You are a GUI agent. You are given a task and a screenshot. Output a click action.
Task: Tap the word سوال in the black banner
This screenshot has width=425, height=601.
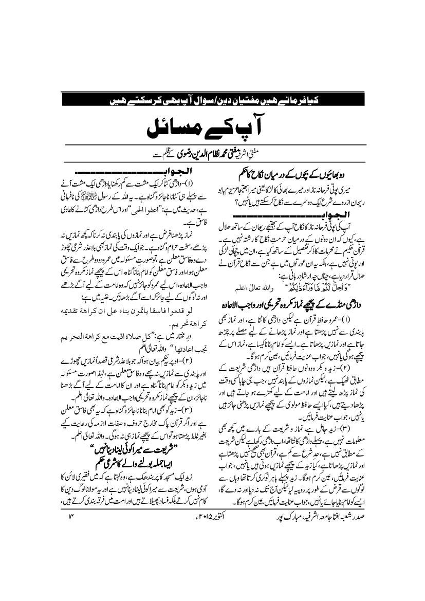tap(240, 100)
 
